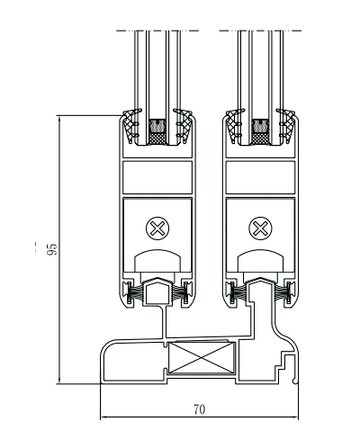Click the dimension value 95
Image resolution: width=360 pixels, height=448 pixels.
coord(52,249)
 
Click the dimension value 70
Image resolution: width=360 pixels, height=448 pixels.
coord(199,409)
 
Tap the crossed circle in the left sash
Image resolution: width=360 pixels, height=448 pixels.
coord(157,228)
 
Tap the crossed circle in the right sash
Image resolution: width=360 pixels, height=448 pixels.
coord(260,228)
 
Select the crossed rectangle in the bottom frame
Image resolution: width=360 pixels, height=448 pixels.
coord(201,358)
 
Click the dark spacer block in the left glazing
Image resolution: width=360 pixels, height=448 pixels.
coord(157,132)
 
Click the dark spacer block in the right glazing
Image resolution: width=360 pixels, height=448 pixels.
coord(260,132)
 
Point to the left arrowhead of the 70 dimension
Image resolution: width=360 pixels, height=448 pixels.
coord(103,417)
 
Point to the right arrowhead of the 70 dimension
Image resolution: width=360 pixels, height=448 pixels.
coord(295,417)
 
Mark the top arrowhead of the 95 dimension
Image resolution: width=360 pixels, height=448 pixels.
coord(59,119)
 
